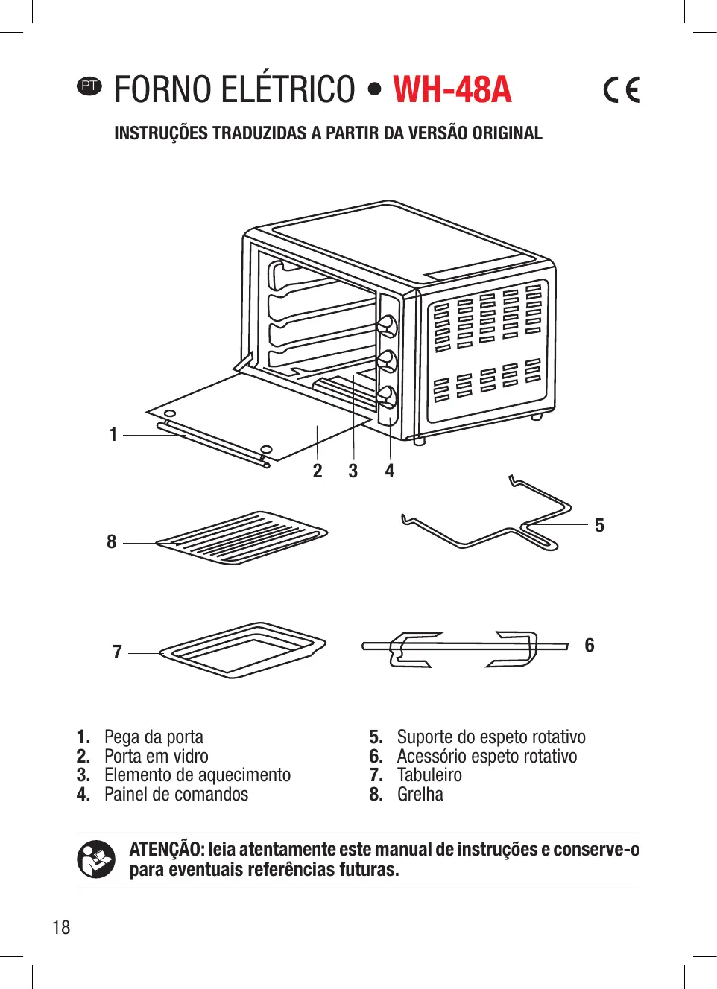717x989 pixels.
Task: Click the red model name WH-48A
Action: click(452, 90)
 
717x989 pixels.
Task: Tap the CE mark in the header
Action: click(622, 90)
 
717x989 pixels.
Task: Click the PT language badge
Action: click(89, 86)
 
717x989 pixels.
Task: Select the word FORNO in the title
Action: click(160, 90)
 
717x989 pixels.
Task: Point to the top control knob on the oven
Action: click(387, 325)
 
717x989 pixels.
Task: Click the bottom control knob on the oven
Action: click(387, 395)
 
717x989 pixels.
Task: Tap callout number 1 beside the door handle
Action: click(113, 434)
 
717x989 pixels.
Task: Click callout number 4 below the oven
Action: click(389, 471)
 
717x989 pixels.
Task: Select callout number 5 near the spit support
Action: click(599, 526)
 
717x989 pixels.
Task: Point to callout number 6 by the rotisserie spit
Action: click(590, 645)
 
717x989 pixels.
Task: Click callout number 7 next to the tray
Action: click(117, 652)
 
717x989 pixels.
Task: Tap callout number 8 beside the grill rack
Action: click(112, 542)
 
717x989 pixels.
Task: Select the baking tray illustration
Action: click(243, 649)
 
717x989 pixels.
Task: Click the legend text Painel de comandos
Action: click(176, 795)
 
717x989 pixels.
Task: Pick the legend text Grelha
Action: click(420, 795)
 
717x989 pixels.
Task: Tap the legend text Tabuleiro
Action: click(429, 775)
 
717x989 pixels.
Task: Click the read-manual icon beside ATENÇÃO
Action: click(96, 859)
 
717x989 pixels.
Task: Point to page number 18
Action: click(61, 927)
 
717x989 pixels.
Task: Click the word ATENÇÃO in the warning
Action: click(166, 850)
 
